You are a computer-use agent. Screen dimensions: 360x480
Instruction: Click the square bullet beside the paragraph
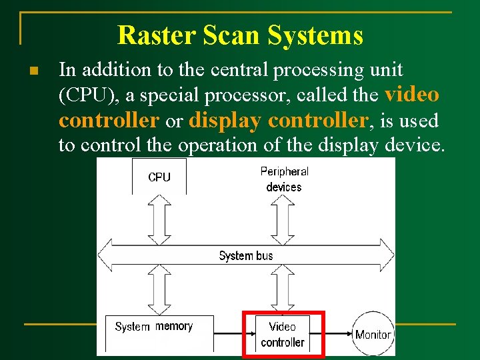coord(33,71)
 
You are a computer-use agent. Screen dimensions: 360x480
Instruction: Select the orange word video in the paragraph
coord(412,95)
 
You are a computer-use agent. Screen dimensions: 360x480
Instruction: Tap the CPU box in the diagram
coord(159,177)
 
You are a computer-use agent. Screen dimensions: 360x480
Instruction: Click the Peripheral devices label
coord(284,179)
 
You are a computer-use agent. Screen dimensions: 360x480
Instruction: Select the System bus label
coord(246,255)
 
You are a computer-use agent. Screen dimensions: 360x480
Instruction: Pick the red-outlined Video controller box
coord(283,334)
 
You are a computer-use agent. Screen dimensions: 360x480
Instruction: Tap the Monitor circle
coord(373,333)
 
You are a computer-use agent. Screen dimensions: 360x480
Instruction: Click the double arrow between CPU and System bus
coord(159,219)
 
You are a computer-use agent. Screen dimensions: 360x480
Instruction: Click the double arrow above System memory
coord(159,289)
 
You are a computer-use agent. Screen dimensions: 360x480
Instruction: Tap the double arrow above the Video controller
coord(283,289)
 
